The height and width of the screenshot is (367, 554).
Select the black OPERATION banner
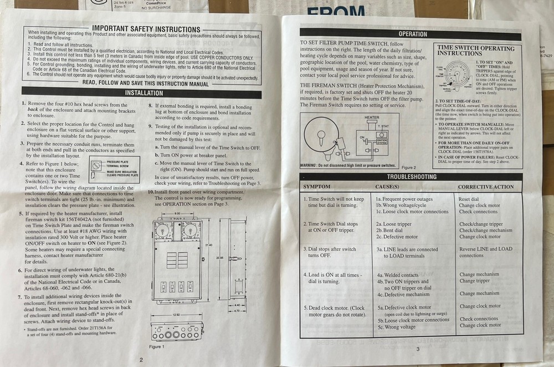coord(412,34)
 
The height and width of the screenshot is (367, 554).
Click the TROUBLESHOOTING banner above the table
coord(411,177)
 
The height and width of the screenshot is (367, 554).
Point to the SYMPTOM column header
coord(317,187)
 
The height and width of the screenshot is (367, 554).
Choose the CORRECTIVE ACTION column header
coord(486,187)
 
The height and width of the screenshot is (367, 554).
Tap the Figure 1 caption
coord(157,346)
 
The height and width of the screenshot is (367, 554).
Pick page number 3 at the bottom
coord(418,348)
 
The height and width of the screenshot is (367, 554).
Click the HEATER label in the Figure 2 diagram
coord(372,118)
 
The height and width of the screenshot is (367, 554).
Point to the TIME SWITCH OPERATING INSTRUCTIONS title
coord(475,51)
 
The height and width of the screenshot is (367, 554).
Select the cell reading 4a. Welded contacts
coord(398,275)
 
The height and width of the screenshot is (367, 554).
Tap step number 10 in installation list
coord(151,192)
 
